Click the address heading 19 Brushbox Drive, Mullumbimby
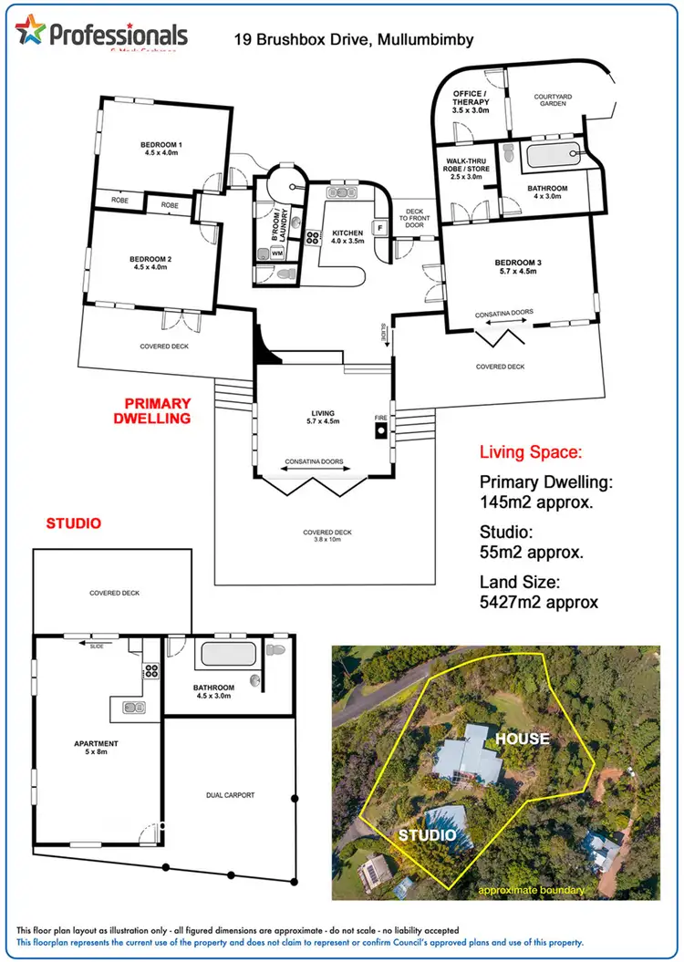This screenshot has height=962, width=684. click(354, 40)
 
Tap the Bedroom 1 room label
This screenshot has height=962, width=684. click(161, 149)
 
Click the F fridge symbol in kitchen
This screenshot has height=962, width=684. click(378, 228)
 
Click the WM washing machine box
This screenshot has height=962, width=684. click(276, 252)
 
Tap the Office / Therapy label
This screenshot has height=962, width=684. click(472, 101)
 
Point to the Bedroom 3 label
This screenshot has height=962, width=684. click(518, 267)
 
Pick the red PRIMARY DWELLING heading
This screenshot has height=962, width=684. click(158, 410)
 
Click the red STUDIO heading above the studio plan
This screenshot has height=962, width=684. click(73, 523)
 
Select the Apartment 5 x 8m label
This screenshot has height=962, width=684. click(97, 749)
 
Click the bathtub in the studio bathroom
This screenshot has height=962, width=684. click(228, 654)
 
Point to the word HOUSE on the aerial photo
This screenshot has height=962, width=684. click(523, 739)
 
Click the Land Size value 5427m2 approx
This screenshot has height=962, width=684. click(539, 602)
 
